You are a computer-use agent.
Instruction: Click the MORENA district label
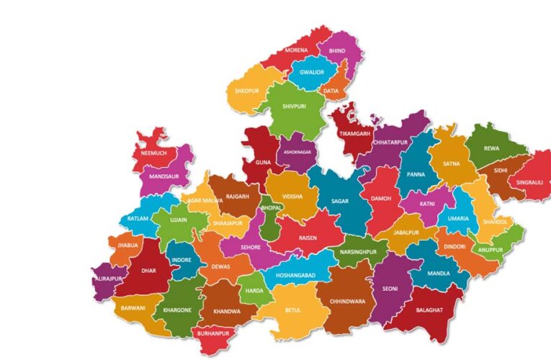click(x=296, y=51)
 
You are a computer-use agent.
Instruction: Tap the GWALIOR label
click(x=311, y=73)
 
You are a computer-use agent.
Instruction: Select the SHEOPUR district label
click(x=246, y=91)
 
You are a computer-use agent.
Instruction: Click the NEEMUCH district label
click(x=154, y=153)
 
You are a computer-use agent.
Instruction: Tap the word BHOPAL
click(x=272, y=207)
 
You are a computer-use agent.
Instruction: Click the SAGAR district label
click(x=340, y=202)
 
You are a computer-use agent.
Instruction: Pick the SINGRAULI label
click(x=530, y=183)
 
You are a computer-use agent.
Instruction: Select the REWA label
click(x=491, y=148)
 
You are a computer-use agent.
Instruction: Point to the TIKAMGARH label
click(x=355, y=134)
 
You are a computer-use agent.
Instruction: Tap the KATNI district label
click(x=427, y=204)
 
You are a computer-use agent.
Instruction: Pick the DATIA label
click(x=331, y=91)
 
